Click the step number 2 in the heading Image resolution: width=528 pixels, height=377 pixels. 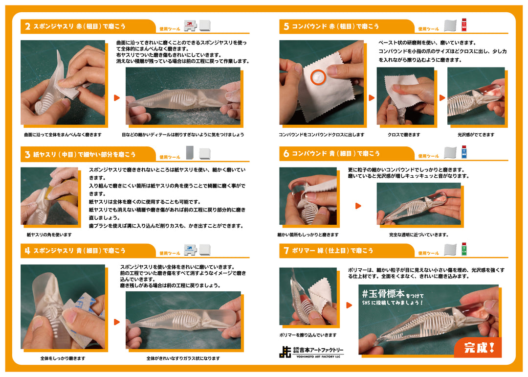(27, 26)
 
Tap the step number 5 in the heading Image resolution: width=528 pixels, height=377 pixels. (286, 26)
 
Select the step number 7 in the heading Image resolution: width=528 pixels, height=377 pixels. (286, 251)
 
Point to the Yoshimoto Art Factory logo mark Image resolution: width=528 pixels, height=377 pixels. (285, 352)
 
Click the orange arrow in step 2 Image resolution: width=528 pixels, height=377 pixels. (117, 97)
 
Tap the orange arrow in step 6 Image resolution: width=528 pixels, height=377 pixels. (358, 206)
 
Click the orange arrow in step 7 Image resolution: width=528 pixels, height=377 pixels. (349, 305)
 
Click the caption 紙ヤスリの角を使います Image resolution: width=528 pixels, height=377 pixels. (49, 235)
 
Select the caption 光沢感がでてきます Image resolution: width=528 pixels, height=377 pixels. (476, 135)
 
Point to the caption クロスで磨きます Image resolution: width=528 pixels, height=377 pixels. (404, 135)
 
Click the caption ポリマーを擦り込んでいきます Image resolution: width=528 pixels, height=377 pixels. (308, 335)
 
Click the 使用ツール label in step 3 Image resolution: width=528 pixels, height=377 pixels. (170, 157)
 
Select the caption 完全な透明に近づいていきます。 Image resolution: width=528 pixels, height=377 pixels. (418, 235)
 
